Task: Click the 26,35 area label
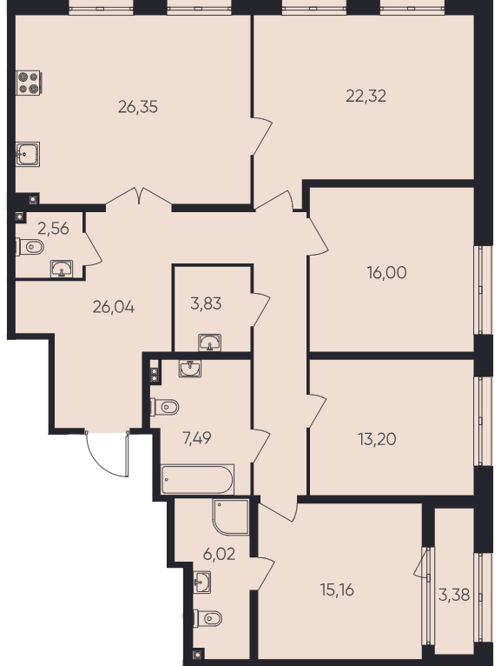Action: pyautogui.click(x=138, y=107)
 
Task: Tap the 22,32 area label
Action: pyautogui.click(x=366, y=97)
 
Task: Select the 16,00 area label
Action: pyautogui.click(x=386, y=273)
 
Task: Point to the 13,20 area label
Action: pyautogui.click(x=377, y=439)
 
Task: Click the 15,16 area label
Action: pyautogui.click(x=337, y=590)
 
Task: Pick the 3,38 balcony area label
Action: pyautogui.click(x=454, y=595)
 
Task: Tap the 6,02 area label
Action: pyautogui.click(x=219, y=554)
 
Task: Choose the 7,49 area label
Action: pyautogui.click(x=197, y=438)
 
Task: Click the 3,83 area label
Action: pyautogui.click(x=206, y=304)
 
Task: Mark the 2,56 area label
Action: pyautogui.click(x=53, y=229)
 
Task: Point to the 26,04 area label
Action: pyautogui.click(x=113, y=307)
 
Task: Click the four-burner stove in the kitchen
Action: pyautogui.click(x=29, y=83)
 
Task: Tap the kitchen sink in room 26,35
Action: pyautogui.click(x=28, y=154)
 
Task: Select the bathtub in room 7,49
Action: pyautogui.click(x=197, y=480)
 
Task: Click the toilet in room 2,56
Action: pyautogui.click(x=30, y=247)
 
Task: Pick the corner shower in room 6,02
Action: pyautogui.click(x=231, y=516)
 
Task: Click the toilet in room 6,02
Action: pyautogui.click(x=208, y=618)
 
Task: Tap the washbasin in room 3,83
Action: pyautogui.click(x=209, y=343)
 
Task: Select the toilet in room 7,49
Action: pyautogui.click(x=165, y=407)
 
